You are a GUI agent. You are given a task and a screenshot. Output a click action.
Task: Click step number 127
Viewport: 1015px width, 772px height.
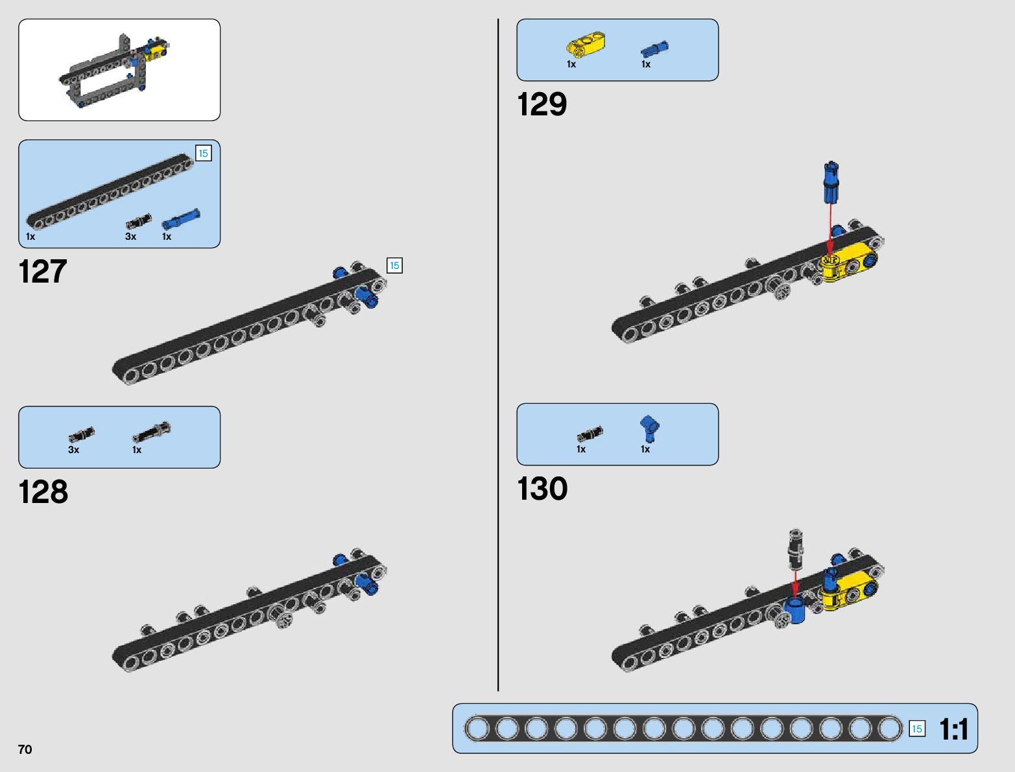(x=43, y=272)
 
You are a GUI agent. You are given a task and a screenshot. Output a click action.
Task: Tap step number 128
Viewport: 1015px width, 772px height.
(x=43, y=492)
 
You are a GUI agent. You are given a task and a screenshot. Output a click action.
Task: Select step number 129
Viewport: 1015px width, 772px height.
(x=542, y=104)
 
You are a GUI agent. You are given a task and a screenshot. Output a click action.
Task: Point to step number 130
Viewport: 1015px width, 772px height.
(x=542, y=489)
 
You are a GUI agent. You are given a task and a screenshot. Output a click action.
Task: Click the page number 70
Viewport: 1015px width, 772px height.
(x=25, y=749)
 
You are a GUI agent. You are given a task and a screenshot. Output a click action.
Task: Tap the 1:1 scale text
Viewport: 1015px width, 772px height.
(x=953, y=729)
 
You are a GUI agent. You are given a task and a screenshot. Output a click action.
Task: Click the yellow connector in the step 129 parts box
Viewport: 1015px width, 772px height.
(x=586, y=45)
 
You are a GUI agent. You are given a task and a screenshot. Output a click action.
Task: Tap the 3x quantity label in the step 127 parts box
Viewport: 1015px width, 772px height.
(x=130, y=237)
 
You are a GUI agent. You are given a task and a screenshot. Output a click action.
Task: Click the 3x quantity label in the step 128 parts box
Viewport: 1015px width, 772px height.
(x=73, y=450)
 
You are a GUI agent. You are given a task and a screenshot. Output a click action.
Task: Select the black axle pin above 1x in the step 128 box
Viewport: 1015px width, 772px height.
(x=151, y=431)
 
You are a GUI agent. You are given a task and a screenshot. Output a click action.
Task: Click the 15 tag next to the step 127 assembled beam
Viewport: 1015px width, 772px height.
(x=394, y=265)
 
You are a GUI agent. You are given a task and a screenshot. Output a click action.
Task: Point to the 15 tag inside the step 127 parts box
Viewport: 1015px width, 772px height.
(x=203, y=153)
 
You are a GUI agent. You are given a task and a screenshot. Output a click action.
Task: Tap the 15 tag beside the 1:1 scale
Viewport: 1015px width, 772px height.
(x=916, y=729)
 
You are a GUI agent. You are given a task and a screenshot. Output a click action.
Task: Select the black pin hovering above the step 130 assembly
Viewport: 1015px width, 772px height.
(x=796, y=550)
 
